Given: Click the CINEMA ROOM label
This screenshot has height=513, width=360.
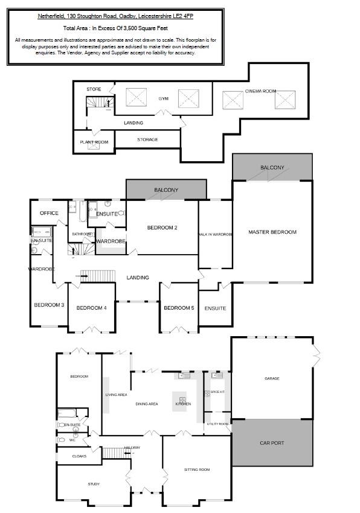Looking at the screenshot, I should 260,91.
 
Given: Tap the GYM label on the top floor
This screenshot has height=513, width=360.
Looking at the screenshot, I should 163,98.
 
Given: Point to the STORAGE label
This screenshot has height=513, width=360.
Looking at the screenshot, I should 147,139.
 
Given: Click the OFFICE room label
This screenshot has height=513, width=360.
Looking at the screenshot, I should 49,213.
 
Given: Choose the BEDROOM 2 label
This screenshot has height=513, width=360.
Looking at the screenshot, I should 162,228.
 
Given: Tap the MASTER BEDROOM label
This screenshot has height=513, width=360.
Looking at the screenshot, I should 272,232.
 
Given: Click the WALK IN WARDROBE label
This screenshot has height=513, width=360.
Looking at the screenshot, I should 216,234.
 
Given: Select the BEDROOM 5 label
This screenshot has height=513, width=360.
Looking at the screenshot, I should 179,308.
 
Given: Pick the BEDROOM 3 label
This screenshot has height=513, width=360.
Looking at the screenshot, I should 49,305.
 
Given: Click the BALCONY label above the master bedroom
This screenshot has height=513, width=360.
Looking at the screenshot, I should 272,167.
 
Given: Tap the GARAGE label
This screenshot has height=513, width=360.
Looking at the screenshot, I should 272,378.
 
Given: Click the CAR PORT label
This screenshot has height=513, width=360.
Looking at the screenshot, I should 272,442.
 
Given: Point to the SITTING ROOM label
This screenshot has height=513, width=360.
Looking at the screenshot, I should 196,469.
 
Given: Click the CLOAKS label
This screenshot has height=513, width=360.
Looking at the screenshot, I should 79,456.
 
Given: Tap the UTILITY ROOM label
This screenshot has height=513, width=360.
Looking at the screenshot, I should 217,424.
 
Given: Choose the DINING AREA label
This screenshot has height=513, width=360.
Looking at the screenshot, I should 147,404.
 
